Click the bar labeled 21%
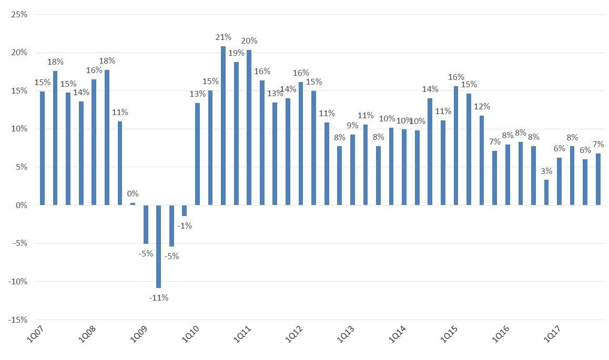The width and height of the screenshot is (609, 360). coord(223,126)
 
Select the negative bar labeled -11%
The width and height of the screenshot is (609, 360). coord(158,246)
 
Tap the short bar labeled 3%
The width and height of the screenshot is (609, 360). coord(546,192)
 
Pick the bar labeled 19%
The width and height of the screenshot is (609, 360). coord(236,133)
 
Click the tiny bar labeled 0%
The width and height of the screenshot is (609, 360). coord(133,204)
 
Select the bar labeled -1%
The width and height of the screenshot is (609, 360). coord(184,210)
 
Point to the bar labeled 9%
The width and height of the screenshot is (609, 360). coord(352,170)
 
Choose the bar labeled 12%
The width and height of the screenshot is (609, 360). coord(482,160)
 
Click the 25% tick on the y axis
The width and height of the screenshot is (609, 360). coord(19,14)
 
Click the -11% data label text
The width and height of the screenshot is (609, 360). coord(158,298)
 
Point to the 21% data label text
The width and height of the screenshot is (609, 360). coord(224,37)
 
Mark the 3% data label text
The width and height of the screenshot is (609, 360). coord(546,171)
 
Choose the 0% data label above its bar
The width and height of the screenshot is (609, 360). coord(133,194)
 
